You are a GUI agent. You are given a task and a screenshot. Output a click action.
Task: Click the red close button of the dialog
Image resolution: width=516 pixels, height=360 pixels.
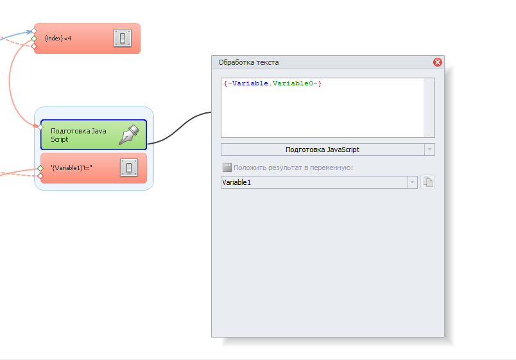pyautogui.click(x=437, y=62)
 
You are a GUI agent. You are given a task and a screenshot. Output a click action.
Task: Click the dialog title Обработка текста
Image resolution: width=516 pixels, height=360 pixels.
pyautogui.click(x=248, y=62)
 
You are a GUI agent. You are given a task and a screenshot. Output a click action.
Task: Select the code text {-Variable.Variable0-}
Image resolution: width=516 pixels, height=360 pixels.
pyautogui.click(x=273, y=83)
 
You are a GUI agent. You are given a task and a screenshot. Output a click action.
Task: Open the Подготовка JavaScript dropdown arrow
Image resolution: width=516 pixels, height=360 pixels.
pyautogui.click(x=429, y=150)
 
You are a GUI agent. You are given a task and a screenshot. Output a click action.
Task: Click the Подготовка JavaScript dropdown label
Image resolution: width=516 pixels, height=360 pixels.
pyautogui.click(x=322, y=150)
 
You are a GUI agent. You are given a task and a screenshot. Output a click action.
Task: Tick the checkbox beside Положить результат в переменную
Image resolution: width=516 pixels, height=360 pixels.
pyautogui.click(x=227, y=167)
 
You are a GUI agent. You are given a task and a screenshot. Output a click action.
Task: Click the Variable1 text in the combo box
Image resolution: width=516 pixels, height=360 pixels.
pyautogui.click(x=237, y=182)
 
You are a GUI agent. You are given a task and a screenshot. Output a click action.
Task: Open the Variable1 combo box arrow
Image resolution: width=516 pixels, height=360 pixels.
pyautogui.click(x=412, y=182)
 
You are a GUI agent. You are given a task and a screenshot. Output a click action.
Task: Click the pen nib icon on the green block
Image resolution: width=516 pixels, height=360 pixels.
pyautogui.click(x=129, y=134)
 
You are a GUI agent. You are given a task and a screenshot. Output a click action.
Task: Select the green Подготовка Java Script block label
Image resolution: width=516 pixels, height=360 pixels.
pyautogui.click(x=79, y=135)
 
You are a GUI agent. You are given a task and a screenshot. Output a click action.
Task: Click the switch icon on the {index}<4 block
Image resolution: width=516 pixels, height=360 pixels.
pyautogui.click(x=123, y=38)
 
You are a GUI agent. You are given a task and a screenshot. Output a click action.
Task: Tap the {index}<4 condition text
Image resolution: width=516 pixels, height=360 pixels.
pyautogui.click(x=58, y=39)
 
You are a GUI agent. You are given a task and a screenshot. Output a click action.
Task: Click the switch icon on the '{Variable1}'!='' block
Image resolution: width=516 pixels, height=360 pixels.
pyautogui.click(x=129, y=167)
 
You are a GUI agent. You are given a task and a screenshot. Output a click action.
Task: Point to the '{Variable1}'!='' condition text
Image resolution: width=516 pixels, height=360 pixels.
pyautogui.click(x=72, y=168)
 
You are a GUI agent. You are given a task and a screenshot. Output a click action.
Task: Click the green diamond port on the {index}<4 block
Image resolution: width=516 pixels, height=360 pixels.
pyautogui.click(x=34, y=39)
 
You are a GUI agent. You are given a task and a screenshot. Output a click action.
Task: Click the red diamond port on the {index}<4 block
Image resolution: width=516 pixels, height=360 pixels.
pyautogui.click(x=34, y=46)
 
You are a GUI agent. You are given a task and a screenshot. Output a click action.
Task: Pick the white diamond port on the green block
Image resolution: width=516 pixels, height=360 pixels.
pyautogui.click(x=40, y=126)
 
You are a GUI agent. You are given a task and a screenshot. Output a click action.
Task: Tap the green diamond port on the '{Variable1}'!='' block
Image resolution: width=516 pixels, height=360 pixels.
pyautogui.click(x=40, y=168)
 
